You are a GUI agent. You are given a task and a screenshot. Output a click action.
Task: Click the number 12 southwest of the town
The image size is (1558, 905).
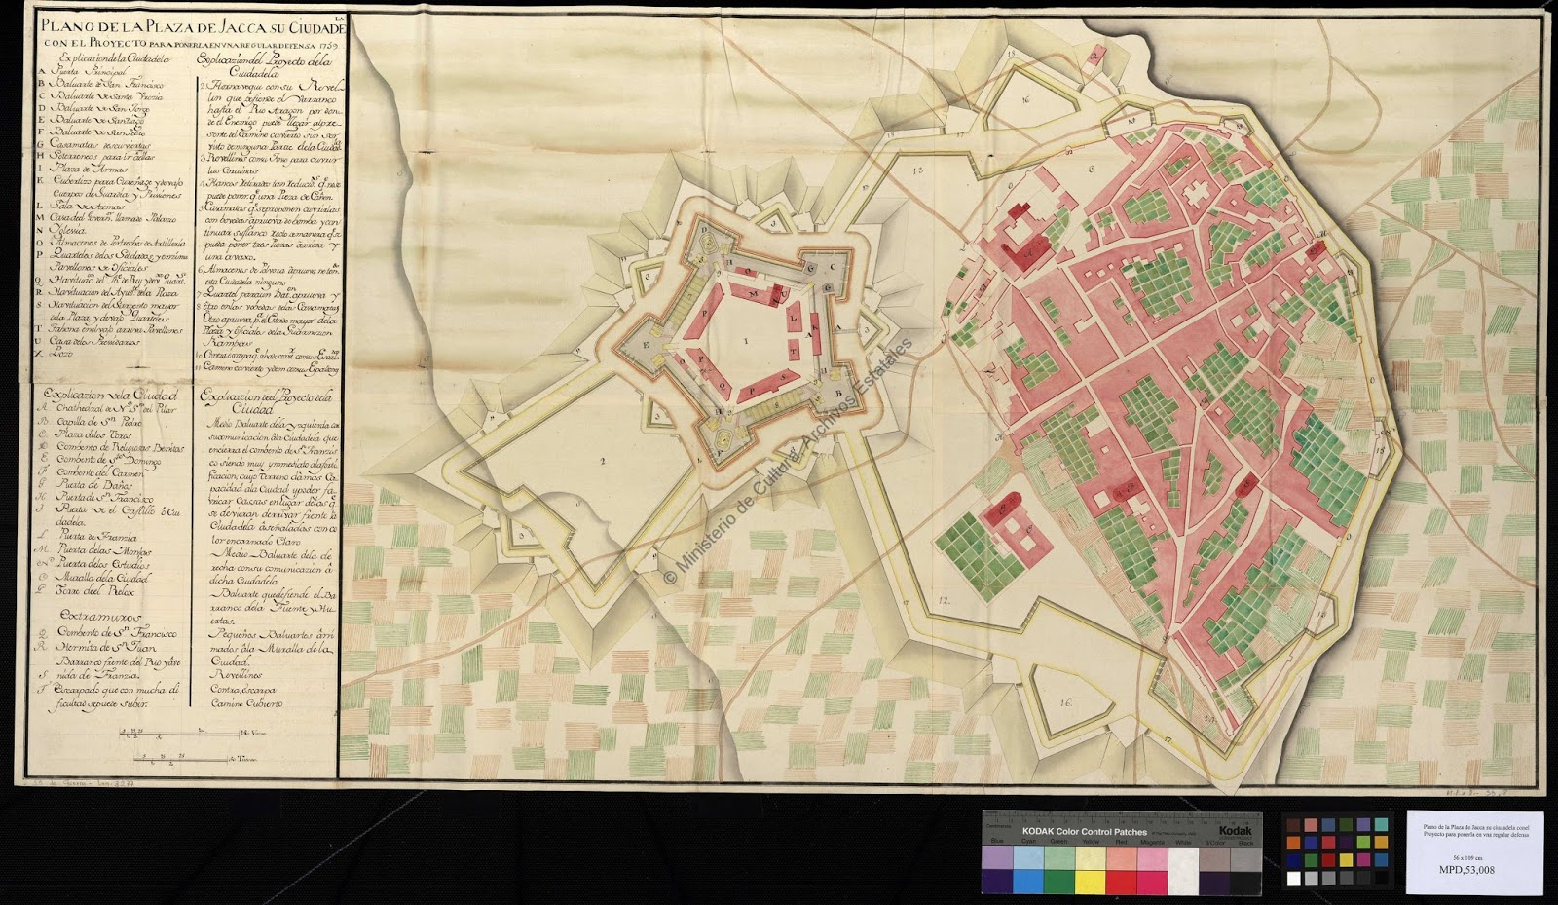coord(943,599)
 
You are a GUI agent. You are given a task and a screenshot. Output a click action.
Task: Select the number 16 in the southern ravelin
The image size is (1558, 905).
coord(1065,701)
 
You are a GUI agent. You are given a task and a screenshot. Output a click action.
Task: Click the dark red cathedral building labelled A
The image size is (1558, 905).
coord(1032,249)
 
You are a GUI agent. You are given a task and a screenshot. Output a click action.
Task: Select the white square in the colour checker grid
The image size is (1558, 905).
coord(1294,878)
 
